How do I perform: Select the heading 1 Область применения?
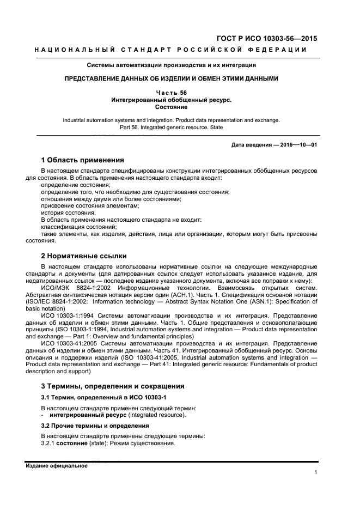click(83, 160)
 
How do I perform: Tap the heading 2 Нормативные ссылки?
click(84, 255)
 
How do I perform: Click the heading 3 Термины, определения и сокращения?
click(113, 386)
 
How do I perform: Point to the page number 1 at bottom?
click(316, 472)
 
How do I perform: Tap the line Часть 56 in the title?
click(171, 93)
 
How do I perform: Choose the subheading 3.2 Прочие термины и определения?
click(95, 425)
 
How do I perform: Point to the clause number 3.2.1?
click(48, 444)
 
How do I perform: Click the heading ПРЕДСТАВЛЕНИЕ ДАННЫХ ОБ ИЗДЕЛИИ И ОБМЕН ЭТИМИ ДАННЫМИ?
click(171, 78)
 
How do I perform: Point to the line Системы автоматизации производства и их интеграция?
click(171, 65)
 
